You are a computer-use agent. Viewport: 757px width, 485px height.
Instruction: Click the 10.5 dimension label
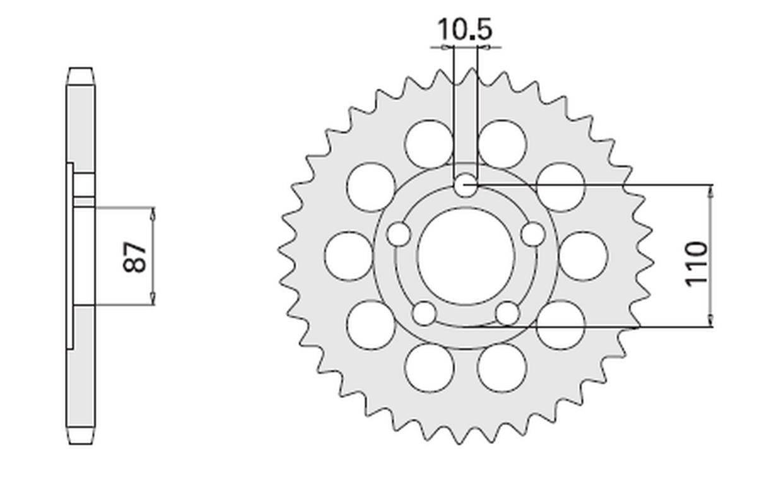[x=465, y=30]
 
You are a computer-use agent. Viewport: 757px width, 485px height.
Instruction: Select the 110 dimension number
[x=697, y=262]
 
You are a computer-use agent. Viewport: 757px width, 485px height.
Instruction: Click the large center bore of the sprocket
[x=466, y=255]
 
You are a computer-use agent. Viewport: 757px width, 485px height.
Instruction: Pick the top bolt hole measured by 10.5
[x=466, y=185]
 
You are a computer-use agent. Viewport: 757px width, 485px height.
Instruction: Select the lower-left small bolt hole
[x=424, y=313]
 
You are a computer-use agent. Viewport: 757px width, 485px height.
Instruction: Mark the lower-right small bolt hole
[x=507, y=313]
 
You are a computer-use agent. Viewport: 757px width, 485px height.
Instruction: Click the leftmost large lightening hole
[x=348, y=255]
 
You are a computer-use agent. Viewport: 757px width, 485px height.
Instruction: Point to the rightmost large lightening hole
[x=583, y=255]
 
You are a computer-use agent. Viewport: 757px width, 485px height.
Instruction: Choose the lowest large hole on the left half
[x=430, y=368]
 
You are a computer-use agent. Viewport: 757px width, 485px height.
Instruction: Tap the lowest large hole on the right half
[x=502, y=368]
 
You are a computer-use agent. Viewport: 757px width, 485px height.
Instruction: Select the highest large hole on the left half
[x=430, y=143]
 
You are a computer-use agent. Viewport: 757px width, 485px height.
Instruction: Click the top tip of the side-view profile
[x=81, y=68]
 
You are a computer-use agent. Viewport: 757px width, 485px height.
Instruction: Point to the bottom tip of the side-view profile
[x=81, y=443]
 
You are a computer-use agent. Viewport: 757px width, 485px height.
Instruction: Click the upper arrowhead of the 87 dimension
[x=153, y=213]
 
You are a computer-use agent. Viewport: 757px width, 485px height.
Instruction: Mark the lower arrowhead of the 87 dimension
[x=153, y=300]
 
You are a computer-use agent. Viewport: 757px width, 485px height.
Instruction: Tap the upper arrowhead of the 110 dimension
[x=712, y=190]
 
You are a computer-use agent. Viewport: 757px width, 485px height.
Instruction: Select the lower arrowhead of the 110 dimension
[x=712, y=322]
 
